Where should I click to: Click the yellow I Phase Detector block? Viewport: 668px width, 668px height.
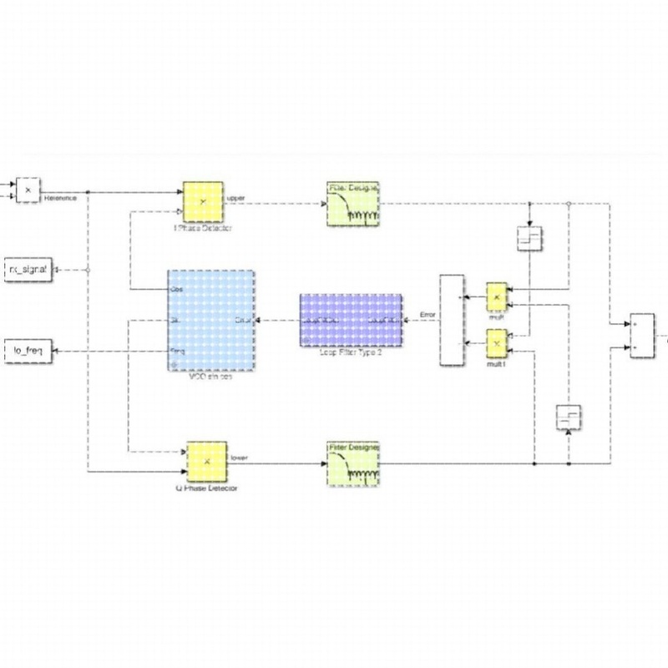pos(203,202)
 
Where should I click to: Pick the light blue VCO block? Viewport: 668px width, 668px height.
pos(210,321)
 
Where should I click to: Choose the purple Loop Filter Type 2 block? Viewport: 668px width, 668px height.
pos(351,320)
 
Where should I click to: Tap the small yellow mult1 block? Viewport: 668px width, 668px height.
pos(497,342)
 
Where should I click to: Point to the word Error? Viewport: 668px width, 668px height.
pos(428,315)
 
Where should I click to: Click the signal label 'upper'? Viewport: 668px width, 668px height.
pos(235,199)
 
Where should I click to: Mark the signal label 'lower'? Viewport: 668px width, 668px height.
pos(237,458)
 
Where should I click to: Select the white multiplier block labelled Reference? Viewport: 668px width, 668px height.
pos(28,190)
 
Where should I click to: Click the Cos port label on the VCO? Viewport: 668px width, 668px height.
pos(176,289)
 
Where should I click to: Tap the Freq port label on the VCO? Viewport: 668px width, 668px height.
pos(177,352)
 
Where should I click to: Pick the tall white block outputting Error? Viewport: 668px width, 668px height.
pos(451,320)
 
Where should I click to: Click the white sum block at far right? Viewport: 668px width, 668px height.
pos(642,335)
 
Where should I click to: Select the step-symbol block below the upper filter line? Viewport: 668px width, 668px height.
pos(530,239)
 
